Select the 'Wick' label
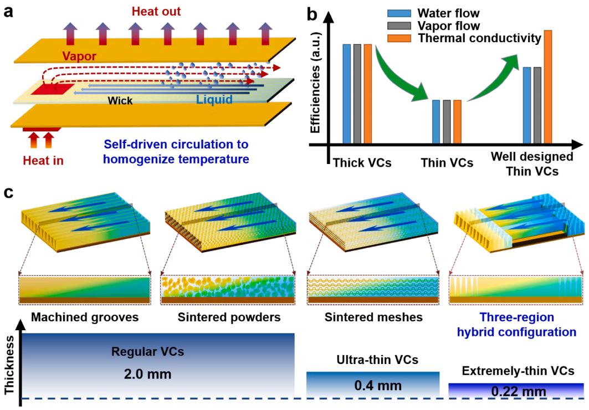120,101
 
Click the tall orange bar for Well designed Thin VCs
547,87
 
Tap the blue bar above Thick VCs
347,94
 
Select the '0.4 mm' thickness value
372,386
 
